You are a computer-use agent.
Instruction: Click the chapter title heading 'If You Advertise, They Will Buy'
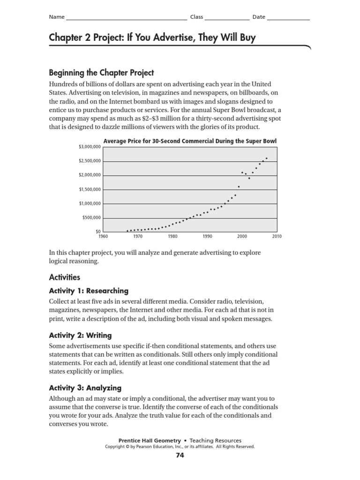(x=152, y=38)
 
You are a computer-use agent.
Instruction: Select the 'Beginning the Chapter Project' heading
(x=101, y=73)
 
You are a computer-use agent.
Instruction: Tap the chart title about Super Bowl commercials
(x=189, y=140)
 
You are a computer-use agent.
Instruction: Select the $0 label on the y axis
(x=97, y=232)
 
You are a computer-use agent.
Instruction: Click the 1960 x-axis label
(x=103, y=237)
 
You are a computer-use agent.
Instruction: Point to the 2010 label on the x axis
(x=277, y=237)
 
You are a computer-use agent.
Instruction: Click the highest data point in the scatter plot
(x=267, y=158)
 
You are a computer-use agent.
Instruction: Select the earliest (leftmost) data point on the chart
(x=127, y=231)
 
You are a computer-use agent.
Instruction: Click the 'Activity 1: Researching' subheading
(x=89, y=291)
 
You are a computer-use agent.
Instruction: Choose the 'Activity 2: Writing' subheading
(x=80, y=335)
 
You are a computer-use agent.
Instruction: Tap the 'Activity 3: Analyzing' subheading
(x=85, y=388)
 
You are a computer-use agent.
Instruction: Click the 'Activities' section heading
(x=65, y=277)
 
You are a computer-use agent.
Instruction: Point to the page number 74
(x=180, y=455)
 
